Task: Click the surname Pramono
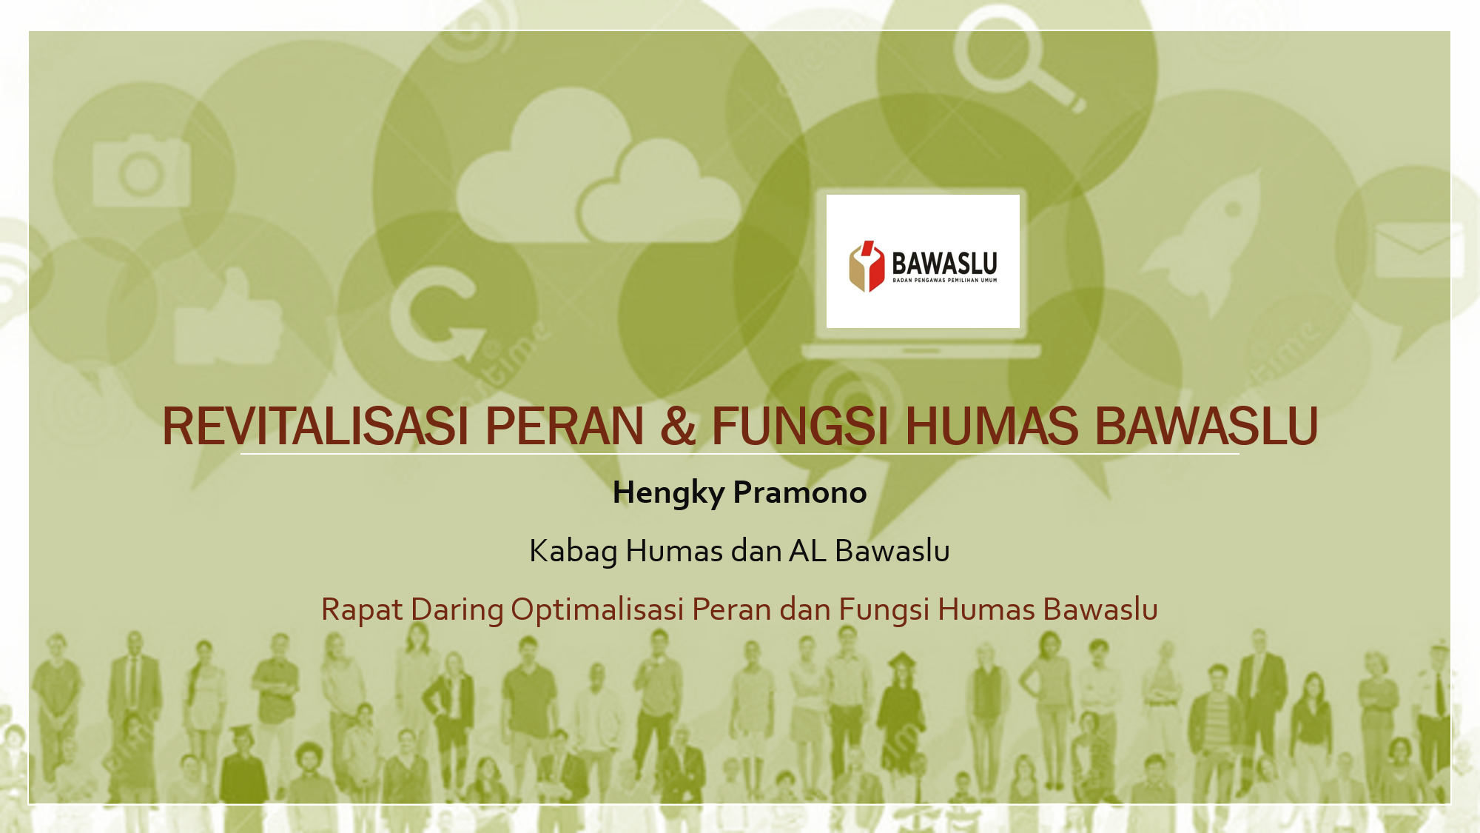800,492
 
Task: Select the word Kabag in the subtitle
573,552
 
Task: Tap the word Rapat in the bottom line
362,610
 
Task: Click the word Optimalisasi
597,610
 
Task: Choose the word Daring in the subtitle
457,610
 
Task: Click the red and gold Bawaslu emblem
867,266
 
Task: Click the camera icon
141,171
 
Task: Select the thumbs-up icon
228,318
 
